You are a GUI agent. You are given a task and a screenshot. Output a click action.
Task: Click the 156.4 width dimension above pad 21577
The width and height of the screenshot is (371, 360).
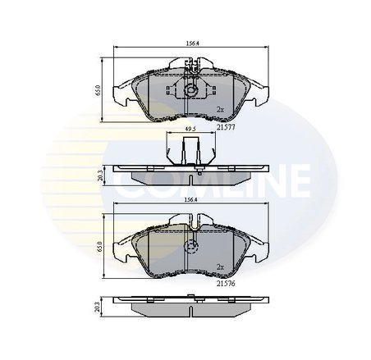click(x=188, y=45)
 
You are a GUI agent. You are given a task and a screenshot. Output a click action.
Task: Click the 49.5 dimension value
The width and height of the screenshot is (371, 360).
click(x=189, y=130)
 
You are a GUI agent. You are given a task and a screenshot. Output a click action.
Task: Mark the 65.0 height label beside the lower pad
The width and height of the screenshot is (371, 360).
click(x=97, y=246)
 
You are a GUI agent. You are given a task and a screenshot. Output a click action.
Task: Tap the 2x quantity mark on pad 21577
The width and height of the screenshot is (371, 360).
click(x=219, y=109)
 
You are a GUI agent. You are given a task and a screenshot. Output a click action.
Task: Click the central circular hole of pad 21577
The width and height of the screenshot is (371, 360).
click(x=189, y=92)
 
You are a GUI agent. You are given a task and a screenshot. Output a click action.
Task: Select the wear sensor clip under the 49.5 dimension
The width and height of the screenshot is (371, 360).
click(x=189, y=152)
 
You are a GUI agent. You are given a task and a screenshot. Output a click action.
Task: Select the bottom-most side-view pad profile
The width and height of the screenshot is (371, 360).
click(x=189, y=307)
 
